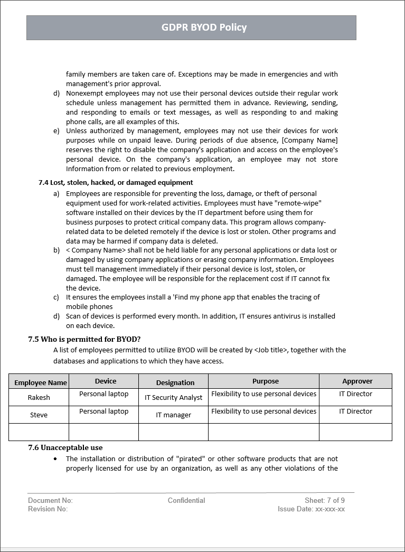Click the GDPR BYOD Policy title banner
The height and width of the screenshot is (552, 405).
coord(204,27)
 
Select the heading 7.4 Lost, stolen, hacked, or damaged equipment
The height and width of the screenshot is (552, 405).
coord(116,182)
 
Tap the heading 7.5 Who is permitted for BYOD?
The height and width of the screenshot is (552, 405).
coord(84,339)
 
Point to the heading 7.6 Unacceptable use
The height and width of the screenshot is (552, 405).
coord(65,447)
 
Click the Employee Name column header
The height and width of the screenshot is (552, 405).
coord(41,382)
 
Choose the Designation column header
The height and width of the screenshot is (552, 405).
coord(175,382)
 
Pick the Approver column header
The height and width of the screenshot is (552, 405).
coord(357,381)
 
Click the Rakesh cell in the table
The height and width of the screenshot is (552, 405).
coord(39,397)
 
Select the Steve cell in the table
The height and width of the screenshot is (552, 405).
coord(39,415)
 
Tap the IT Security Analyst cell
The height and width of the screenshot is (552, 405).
coord(173,397)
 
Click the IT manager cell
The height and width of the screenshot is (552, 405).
coord(173,415)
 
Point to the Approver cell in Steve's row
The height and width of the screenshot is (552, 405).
coord(355,411)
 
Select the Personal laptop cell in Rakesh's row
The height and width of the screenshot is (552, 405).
coord(103,394)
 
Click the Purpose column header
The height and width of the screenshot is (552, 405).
coord(265,381)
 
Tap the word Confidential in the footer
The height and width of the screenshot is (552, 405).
coord(186,500)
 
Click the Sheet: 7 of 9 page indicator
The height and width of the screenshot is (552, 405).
coord(324,500)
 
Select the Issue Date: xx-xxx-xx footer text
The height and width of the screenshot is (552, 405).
coord(311,509)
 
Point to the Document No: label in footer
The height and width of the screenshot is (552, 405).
coord(50,500)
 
